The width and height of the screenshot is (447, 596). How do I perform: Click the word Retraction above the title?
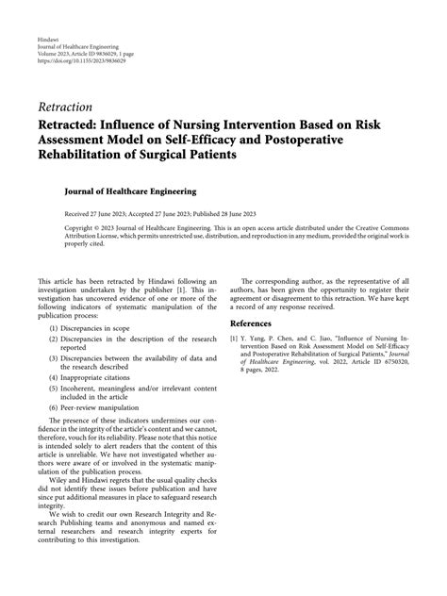pos(65,108)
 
